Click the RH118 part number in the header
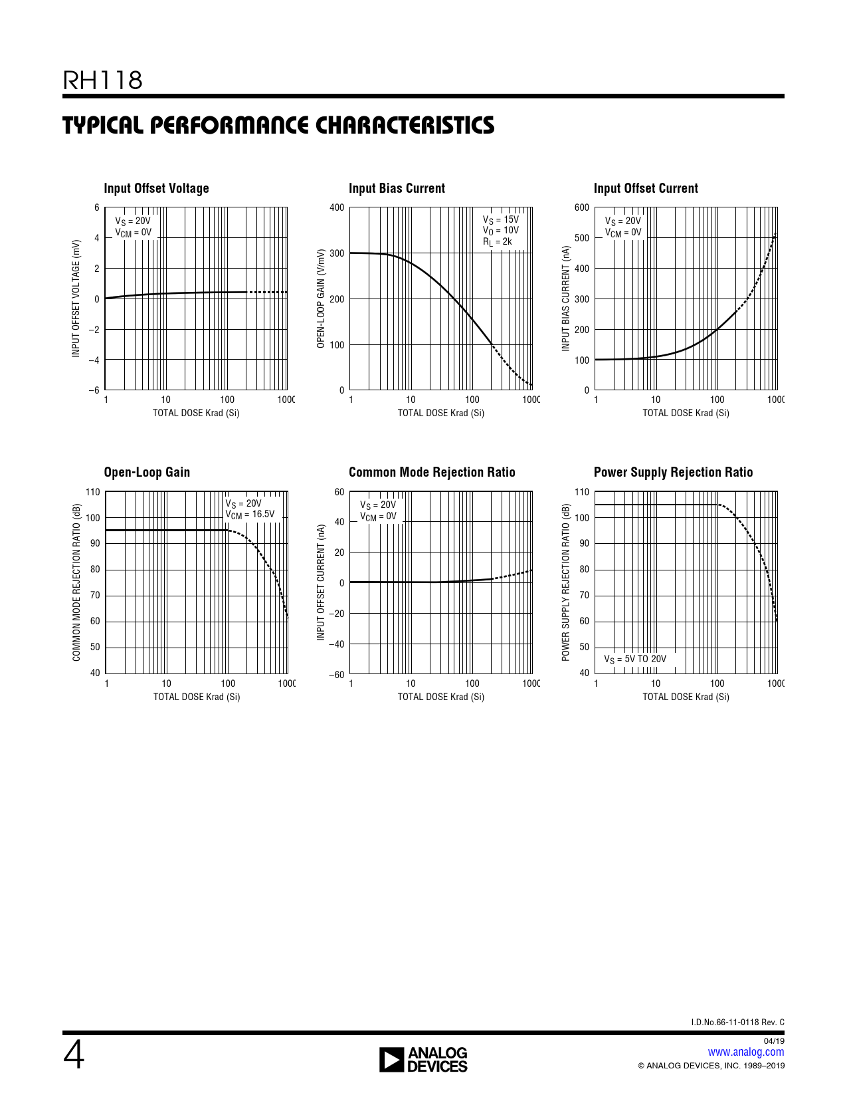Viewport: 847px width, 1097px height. (x=102, y=80)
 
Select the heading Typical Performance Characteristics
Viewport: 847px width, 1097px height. (x=278, y=125)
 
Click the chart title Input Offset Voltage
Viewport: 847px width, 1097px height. (x=156, y=188)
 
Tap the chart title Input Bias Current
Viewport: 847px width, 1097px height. (x=397, y=188)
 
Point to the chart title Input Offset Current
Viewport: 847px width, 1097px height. (x=646, y=188)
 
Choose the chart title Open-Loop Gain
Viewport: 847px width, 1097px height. (x=147, y=472)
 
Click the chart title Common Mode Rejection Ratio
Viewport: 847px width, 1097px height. (x=432, y=472)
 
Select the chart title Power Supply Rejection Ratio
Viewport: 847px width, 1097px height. (x=673, y=472)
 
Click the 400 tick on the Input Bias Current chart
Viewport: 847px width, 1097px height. (x=337, y=207)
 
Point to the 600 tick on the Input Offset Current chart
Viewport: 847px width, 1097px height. (x=581, y=207)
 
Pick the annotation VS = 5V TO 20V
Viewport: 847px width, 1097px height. (x=634, y=659)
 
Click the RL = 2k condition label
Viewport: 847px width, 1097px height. (x=498, y=242)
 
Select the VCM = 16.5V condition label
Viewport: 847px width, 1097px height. (x=250, y=514)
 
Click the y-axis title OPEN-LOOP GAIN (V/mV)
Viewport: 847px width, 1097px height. (x=321, y=299)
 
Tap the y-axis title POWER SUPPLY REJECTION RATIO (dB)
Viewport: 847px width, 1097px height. (x=566, y=582)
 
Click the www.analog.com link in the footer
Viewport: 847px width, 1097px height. (x=745, y=1052)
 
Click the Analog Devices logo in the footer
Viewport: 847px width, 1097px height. (x=423, y=1060)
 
